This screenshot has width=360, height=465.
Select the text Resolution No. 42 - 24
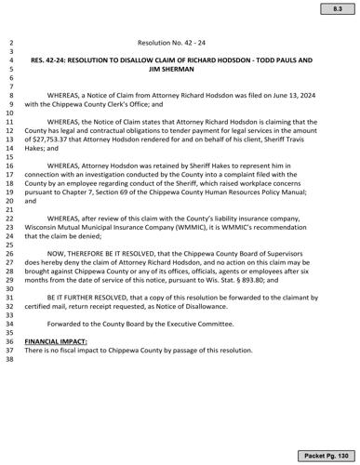(x=180, y=44)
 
